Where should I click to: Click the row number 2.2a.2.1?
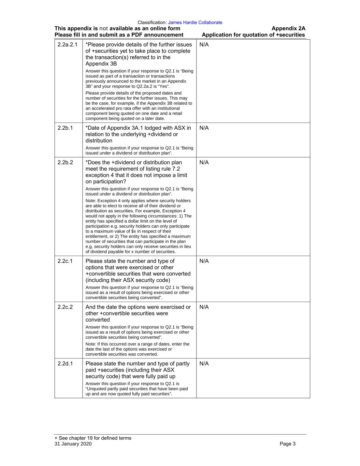(68, 45)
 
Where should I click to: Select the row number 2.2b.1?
(65, 128)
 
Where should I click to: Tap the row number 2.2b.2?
(65, 163)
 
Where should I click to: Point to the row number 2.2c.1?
(65, 261)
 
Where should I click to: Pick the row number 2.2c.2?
(65, 307)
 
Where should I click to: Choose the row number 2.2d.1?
(65, 364)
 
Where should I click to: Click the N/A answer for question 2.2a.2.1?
(204, 45)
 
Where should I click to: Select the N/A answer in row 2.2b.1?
(204, 128)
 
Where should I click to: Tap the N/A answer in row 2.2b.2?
(204, 163)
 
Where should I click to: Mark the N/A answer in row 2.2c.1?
(204, 261)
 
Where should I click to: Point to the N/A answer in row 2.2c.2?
(204, 307)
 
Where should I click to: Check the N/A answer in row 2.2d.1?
(204, 364)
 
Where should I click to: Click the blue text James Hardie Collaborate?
(195, 23)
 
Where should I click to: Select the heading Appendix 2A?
(288, 29)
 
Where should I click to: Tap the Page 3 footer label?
(287, 444)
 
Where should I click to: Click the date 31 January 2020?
(73, 444)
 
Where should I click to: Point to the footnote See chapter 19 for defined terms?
(93, 438)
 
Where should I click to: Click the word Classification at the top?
(152, 23)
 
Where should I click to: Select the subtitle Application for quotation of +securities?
(253, 35)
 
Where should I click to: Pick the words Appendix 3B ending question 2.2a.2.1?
(101, 64)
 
